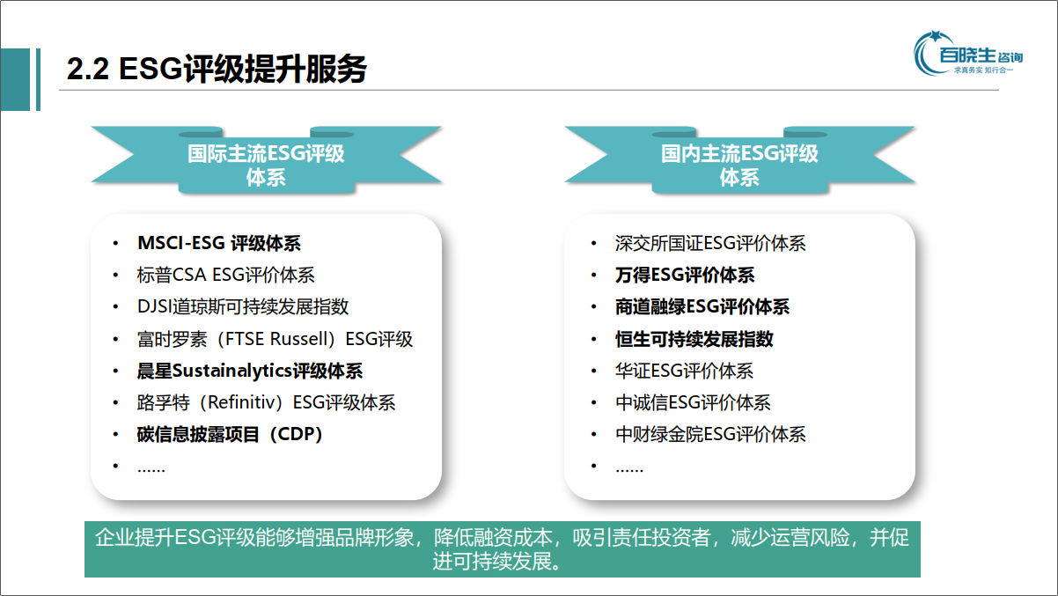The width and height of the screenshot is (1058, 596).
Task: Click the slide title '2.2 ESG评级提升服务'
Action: [x=217, y=69]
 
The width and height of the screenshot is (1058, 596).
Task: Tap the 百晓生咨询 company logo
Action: [x=968, y=54]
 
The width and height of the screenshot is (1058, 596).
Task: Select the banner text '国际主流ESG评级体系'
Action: [x=266, y=166]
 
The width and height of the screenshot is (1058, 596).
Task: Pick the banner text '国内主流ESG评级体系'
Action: [x=739, y=166]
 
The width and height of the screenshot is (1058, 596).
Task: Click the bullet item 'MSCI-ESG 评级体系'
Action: [x=219, y=243]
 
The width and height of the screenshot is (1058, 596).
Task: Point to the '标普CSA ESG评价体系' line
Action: [x=225, y=275]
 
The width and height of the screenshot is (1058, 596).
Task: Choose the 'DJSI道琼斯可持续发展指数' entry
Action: [x=243, y=306]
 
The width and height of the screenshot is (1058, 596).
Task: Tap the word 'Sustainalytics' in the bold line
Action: [x=231, y=372]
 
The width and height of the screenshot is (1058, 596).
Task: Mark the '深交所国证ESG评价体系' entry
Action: [x=710, y=243]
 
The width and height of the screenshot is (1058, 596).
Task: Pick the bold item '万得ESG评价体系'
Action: [x=685, y=275]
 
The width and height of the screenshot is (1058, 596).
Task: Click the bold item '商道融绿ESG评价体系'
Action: [x=702, y=307]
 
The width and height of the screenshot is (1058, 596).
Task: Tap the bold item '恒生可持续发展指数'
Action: [x=694, y=339]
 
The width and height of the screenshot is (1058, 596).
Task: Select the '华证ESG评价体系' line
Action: [x=684, y=371]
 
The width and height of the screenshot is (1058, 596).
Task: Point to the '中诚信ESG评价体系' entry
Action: [x=693, y=402]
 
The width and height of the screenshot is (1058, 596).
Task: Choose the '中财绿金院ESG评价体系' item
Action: [x=710, y=434]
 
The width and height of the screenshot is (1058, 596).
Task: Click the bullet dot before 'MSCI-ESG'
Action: [x=115, y=244]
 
